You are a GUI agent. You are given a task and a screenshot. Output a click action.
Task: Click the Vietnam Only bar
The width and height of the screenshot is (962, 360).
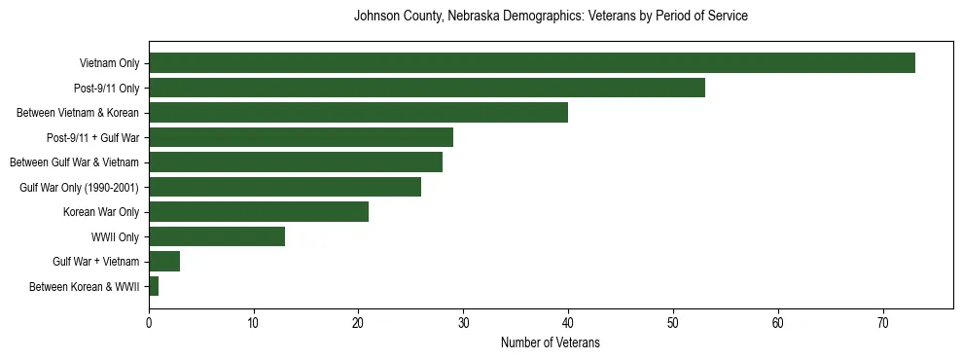pos(532,63)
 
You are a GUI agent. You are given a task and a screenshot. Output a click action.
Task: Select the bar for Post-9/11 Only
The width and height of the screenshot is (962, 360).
pos(427,88)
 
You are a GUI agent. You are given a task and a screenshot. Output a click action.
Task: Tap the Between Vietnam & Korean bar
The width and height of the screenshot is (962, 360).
pos(358,113)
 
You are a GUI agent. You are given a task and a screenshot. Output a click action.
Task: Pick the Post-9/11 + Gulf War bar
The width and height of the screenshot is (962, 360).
pos(301,137)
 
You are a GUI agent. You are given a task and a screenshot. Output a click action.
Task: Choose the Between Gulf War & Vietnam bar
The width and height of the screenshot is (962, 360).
pos(296,162)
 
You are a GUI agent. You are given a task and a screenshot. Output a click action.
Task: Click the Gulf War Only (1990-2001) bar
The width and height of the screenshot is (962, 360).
pos(285,187)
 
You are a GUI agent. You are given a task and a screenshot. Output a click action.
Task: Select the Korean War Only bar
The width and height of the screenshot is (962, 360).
pos(259,212)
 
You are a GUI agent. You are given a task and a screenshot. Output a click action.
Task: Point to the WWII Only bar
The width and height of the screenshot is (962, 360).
pos(217,236)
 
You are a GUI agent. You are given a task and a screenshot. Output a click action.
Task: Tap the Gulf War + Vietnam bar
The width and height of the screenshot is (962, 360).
pos(164,262)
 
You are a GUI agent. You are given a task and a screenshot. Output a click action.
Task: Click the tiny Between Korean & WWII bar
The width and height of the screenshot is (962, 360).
pos(154,286)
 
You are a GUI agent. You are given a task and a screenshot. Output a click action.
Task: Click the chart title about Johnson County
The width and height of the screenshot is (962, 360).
pos(551,17)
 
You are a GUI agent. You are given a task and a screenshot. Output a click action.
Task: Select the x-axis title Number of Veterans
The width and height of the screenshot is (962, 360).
pos(551,343)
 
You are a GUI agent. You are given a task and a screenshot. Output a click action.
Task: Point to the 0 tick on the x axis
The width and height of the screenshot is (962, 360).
pos(149,323)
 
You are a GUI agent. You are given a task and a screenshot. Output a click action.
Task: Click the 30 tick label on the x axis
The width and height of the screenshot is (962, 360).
pos(464,323)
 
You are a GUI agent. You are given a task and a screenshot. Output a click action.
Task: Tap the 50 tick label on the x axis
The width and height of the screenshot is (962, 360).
pos(673,323)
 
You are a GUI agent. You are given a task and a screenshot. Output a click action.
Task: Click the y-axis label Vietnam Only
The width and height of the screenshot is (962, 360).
pos(109,63)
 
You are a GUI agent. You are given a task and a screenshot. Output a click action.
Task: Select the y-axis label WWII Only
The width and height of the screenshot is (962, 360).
pos(115,236)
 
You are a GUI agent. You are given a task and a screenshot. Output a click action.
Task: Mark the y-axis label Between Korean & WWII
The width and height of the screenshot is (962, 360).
pos(85,286)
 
